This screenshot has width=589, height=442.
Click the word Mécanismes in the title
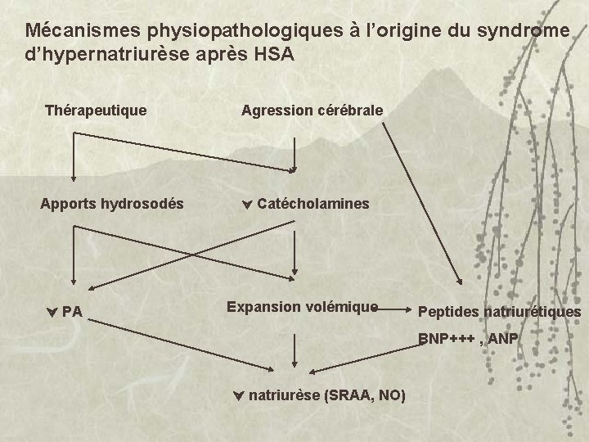coord(82,31)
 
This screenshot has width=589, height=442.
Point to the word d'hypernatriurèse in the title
coord(107,56)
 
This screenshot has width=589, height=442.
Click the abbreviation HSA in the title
coord(264,56)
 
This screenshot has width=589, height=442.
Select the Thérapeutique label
coord(97,109)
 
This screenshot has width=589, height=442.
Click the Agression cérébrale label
coord(312,109)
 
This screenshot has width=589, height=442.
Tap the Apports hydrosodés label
coord(112,202)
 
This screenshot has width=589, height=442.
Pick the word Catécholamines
coord(312,202)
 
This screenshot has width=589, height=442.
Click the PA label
coord(71,311)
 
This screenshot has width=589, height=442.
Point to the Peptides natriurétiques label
coord(499,312)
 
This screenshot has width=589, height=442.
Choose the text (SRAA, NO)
coord(365,395)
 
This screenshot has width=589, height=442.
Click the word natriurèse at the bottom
coord(284,395)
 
